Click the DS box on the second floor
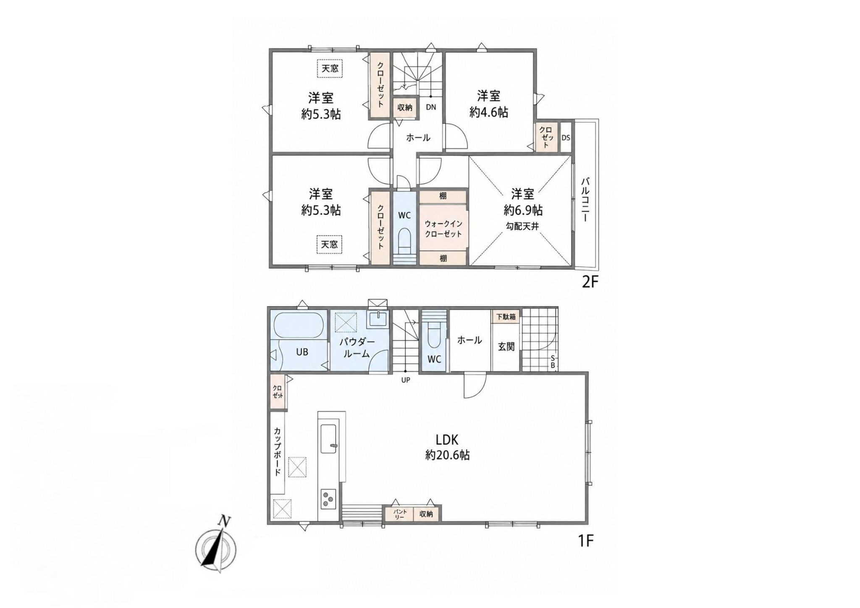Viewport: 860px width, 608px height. pos(566,137)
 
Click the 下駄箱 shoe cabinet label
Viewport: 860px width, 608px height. pos(506,317)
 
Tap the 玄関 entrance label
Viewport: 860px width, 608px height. pos(506,347)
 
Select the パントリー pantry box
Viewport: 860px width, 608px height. pos(399,514)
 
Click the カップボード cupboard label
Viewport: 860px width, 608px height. pos(278,451)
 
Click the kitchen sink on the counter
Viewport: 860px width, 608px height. pos(328,438)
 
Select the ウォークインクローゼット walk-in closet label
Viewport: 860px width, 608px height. pos(443,229)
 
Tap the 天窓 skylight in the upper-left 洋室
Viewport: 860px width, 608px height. pos(330,68)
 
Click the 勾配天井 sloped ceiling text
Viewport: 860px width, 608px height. pos(522,226)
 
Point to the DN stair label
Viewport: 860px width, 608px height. pos(431,107)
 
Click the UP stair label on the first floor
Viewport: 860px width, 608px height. pos(406,380)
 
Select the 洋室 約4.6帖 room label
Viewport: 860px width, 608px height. pos(489,104)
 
